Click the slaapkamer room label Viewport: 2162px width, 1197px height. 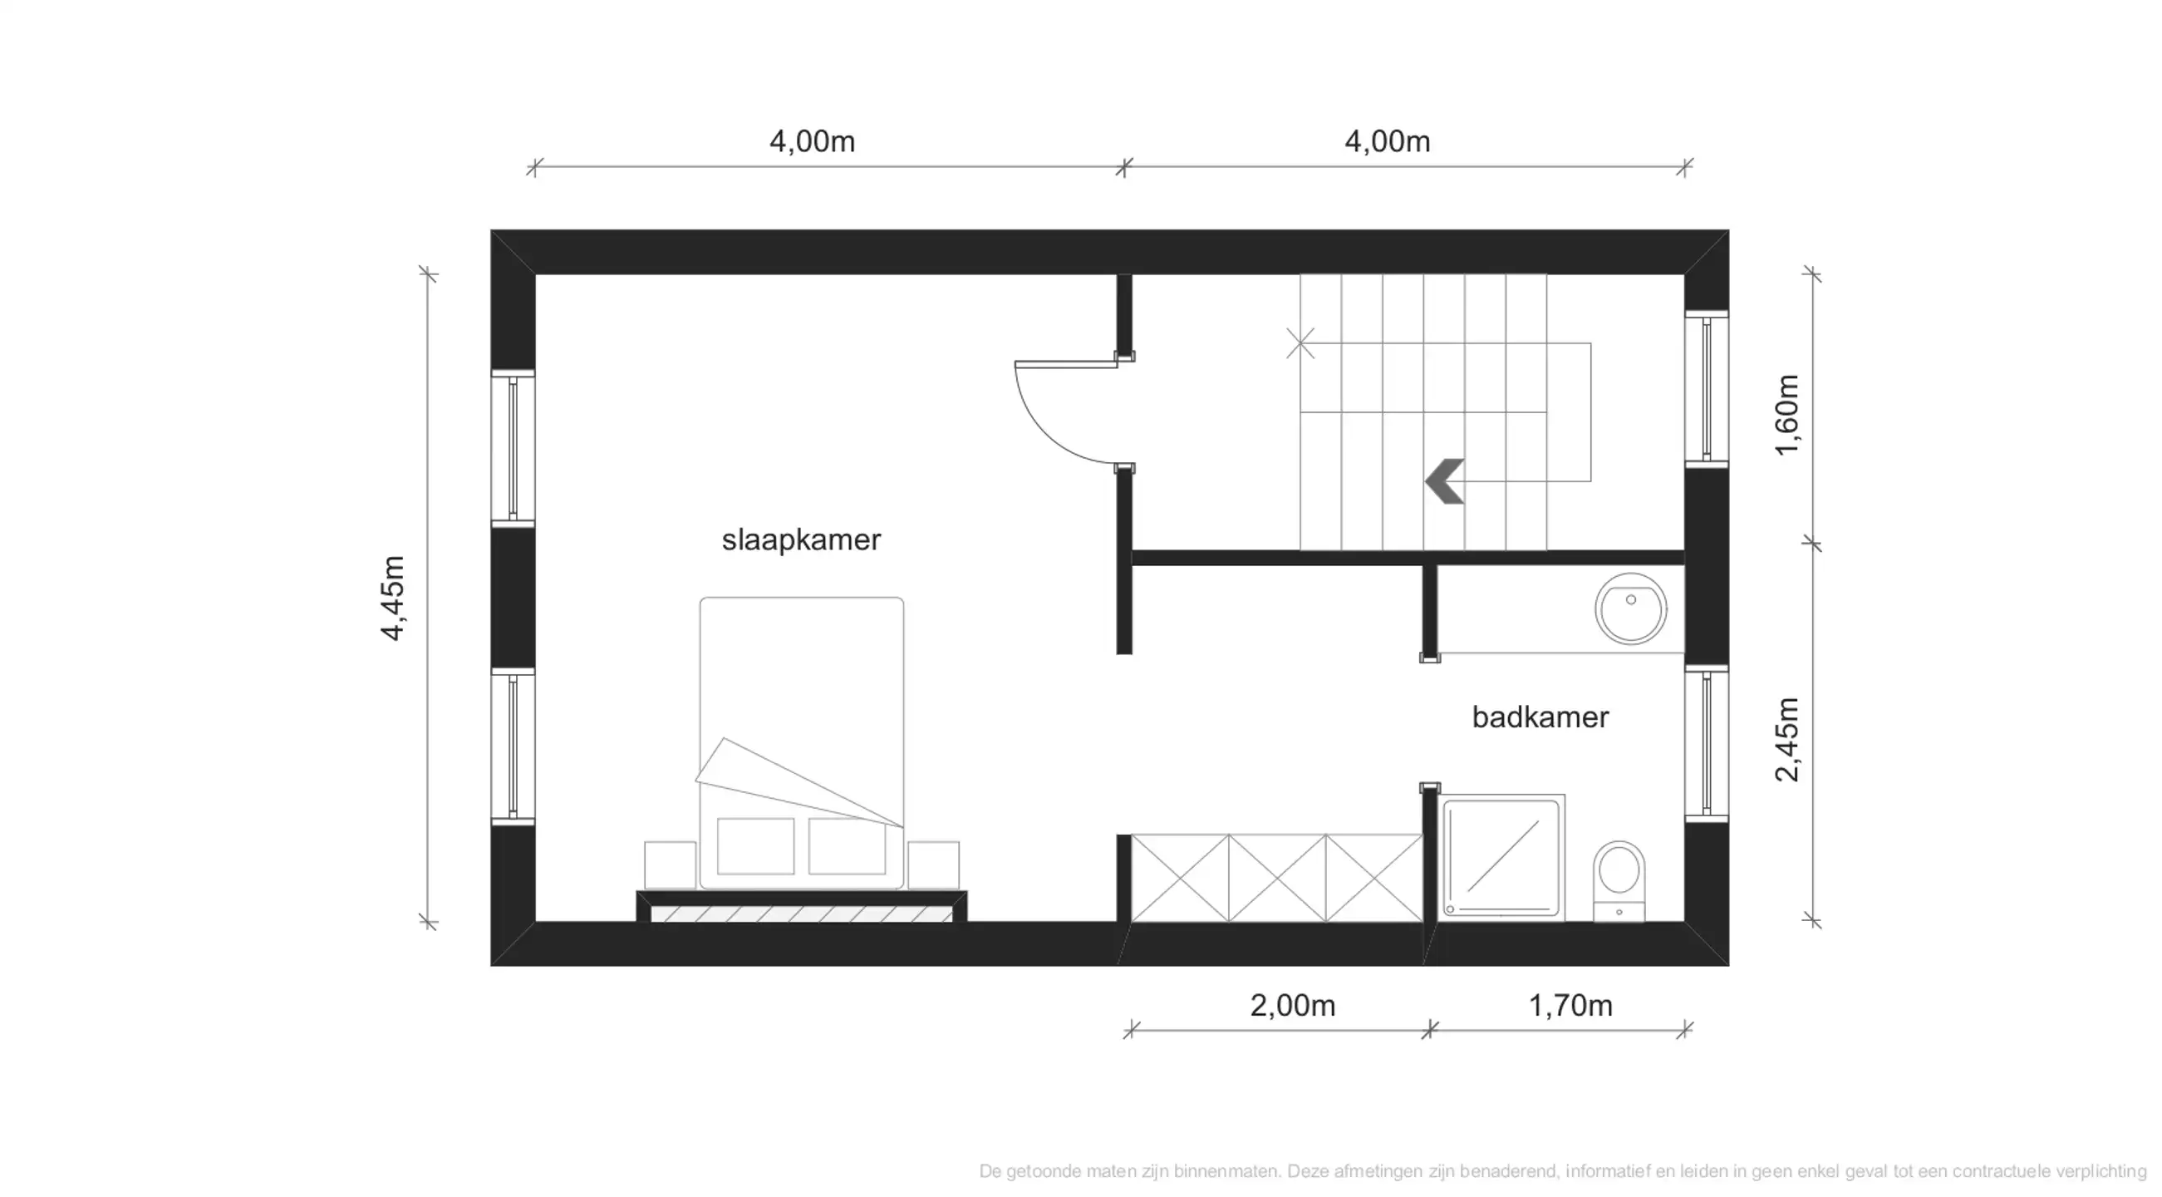801,539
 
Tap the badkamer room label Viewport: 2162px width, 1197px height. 1540,717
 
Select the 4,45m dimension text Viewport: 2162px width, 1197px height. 393,598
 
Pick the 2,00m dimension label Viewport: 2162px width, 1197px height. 1292,1005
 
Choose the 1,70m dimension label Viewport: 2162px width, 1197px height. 1570,1005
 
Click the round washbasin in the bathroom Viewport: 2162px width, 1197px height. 1630,608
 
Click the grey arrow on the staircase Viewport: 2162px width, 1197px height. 1445,482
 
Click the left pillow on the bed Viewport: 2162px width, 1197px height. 754,845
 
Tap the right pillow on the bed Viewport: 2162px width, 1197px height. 846,845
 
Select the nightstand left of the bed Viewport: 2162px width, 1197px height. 669,864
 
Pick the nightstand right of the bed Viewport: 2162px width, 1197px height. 932,864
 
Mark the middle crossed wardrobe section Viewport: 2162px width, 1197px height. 1276,877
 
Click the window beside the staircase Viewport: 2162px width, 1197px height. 1707,389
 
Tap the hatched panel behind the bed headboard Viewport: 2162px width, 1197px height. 802,914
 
